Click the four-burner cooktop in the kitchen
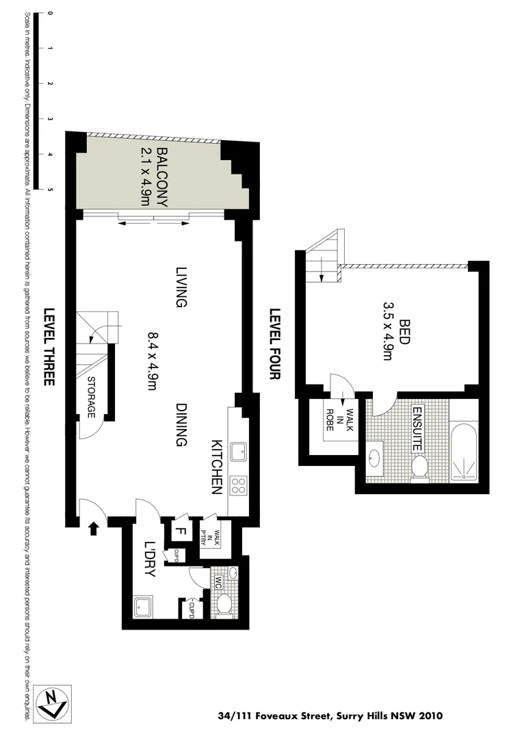239,486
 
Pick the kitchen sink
239,452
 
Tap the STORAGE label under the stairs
91,398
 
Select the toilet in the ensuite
420,467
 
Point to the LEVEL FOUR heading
275,345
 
